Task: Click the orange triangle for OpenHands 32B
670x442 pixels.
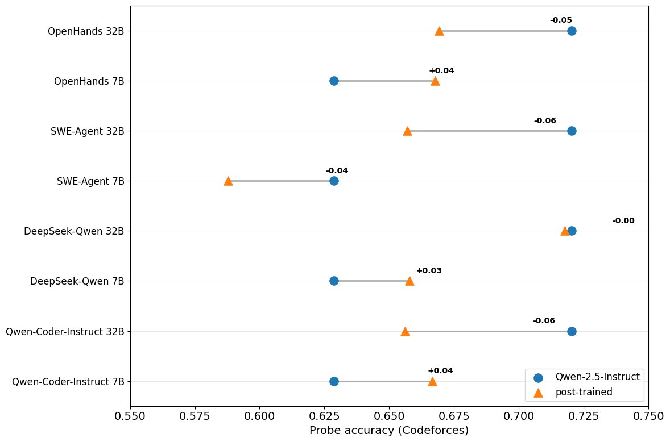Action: pos(439,31)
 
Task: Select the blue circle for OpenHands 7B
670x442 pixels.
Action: pos(334,81)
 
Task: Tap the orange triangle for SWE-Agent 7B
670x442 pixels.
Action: pos(228,181)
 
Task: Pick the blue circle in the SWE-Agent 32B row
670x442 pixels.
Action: pos(572,131)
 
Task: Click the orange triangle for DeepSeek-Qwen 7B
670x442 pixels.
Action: pos(410,281)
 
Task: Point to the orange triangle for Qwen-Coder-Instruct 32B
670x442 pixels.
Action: pos(405,331)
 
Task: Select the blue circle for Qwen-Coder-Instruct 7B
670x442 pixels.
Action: pos(334,381)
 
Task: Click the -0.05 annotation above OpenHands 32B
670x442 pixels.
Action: pos(561,20)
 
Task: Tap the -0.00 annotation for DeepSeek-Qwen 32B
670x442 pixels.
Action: pos(623,221)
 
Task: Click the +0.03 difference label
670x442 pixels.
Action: pos(429,271)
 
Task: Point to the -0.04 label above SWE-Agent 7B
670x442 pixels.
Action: pos(337,171)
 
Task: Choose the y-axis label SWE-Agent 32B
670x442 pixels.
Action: pos(87,131)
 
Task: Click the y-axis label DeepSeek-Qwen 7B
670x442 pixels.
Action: pos(77,281)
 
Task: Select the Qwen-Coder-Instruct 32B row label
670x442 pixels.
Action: pos(64,331)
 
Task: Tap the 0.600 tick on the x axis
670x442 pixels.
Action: pos(259,416)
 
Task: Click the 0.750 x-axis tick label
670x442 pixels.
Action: pos(648,416)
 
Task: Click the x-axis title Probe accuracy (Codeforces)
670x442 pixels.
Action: pos(389,431)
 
